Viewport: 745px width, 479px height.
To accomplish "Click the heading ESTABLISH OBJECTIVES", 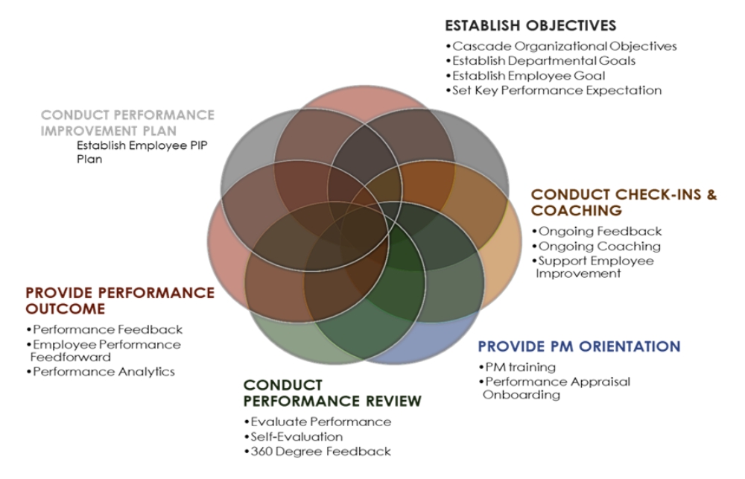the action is [530, 25].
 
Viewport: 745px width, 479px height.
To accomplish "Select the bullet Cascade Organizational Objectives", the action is [562, 46].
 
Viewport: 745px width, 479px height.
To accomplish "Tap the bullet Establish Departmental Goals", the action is [541, 61].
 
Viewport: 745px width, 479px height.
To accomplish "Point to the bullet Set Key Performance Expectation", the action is [554, 90].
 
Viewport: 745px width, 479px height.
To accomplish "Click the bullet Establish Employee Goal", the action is [525, 75].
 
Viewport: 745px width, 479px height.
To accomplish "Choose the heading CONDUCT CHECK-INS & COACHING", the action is [624, 203].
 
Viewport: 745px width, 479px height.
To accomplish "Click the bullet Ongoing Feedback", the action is [597, 232].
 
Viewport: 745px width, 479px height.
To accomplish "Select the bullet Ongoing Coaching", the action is [596, 246].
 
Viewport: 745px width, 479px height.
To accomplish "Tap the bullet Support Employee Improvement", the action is [593, 267].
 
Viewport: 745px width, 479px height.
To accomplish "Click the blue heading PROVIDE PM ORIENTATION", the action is [579, 346].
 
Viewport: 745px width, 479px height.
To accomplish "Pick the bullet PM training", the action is [517, 367].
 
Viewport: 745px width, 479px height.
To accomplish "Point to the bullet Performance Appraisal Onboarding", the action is [554, 388].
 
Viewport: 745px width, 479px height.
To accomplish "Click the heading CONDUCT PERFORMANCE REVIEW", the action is [332, 393].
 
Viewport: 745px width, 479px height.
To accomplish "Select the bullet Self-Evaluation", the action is [293, 437].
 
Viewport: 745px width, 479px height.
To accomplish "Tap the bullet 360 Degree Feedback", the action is [317, 451].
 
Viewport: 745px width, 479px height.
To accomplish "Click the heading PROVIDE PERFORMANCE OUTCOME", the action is [120, 301].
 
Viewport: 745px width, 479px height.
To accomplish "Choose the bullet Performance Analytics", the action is [101, 372].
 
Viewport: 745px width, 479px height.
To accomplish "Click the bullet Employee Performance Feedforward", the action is [104, 351].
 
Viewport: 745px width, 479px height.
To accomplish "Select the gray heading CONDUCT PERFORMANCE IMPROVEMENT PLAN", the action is [127, 123].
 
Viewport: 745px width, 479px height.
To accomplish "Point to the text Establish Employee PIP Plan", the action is [142, 152].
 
